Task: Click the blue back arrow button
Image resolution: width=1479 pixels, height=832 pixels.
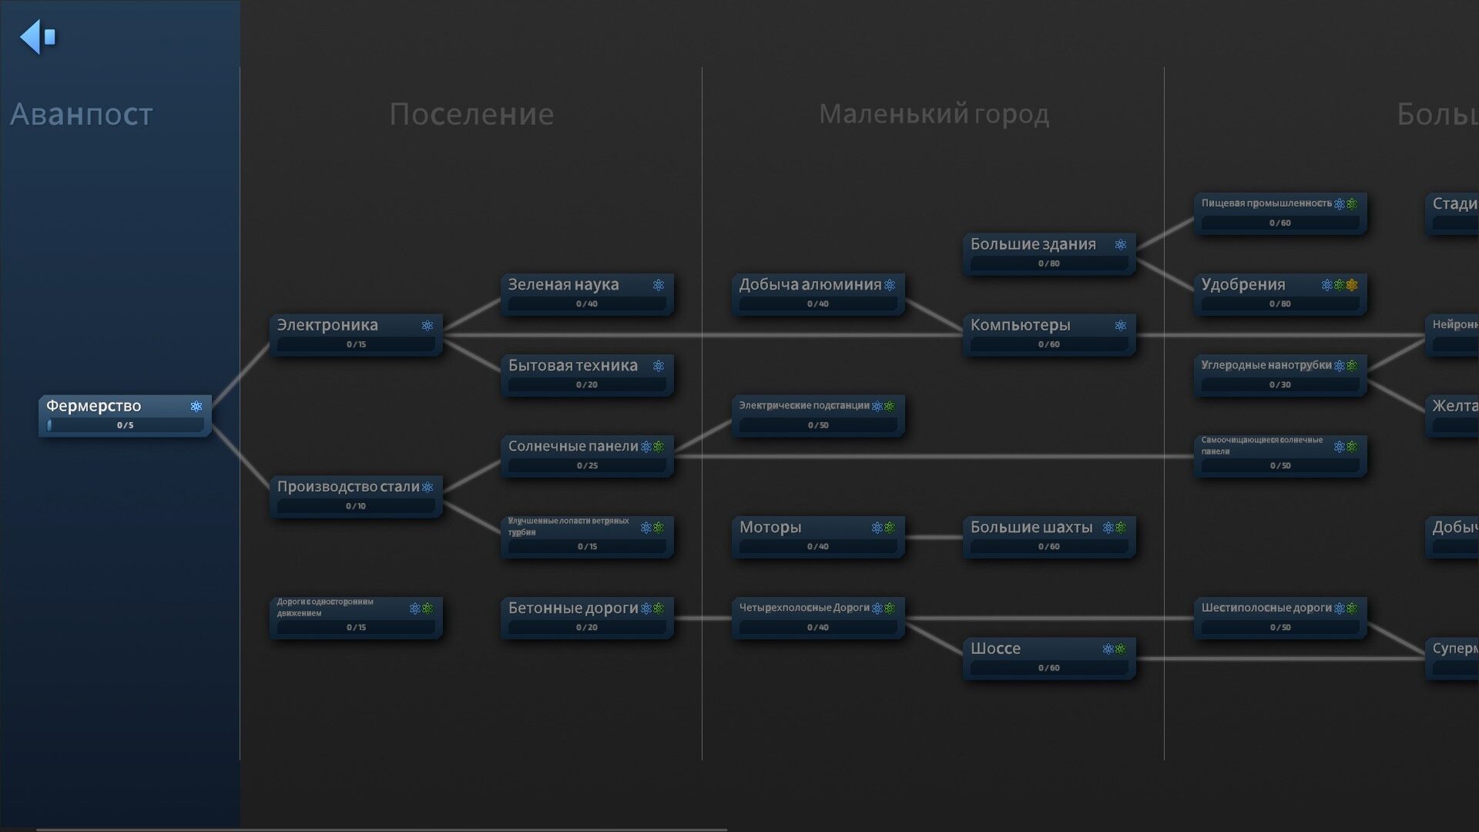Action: click(x=37, y=36)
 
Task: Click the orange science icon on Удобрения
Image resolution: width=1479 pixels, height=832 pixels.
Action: click(x=1352, y=285)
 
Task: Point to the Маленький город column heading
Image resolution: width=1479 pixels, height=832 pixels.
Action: click(x=934, y=114)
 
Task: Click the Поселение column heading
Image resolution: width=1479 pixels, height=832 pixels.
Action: click(x=471, y=114)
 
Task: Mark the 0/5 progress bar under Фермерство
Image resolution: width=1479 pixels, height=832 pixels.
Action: click(x=125, y=425)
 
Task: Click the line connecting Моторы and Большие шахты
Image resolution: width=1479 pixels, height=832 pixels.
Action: click(x=934, y=537)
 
